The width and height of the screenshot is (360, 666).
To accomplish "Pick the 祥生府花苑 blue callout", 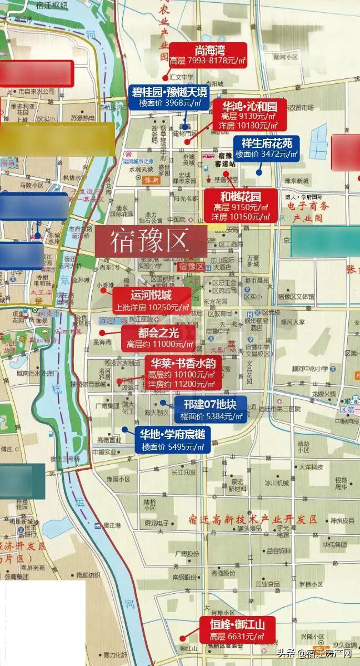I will [x=266, y=148].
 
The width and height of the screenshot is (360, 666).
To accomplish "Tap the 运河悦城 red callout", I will [x=151, y=301].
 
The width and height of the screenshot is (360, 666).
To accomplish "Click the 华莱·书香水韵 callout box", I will [x=184, y=373].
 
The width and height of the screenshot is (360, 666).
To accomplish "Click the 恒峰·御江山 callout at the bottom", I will [x=233, y=630].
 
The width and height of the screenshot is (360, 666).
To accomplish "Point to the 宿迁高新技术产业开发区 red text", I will [x=252, y=520].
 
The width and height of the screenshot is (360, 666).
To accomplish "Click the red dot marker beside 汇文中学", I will [x=165, y=77].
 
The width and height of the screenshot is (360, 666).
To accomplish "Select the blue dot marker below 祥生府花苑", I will [x=259, y=172].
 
